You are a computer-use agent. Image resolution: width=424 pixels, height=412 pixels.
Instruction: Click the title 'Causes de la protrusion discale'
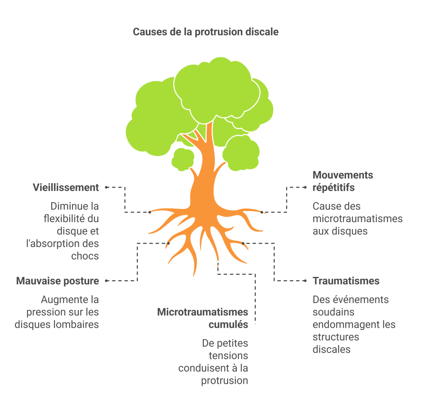pyautogui.click(x=205, y=32)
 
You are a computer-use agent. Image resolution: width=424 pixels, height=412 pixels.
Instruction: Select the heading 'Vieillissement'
pyautogui.click(x=66, y=187)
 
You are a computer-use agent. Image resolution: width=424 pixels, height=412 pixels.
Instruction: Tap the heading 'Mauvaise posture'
pyautogui.click(x=58, y=281)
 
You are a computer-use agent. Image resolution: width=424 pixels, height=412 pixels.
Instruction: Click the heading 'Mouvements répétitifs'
pyautogui.click(x=342, y=181)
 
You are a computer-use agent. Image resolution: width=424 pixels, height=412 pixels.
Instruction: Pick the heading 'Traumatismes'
pyautogui.click(x=346, y=281)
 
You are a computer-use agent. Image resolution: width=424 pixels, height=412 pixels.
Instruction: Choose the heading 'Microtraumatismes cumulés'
pyautogui.click(x=202, y=318)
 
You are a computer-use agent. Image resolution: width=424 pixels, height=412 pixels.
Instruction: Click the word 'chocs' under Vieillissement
pyautogui.click(x=85, y=256)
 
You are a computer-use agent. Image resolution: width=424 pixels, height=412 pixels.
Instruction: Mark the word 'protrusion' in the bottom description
pyautogui.click(x=225, y=380)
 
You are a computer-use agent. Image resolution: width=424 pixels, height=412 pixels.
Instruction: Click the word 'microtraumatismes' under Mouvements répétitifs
pyautogui.click(x=357, y=218)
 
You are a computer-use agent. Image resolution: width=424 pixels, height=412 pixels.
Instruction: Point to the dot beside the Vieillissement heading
pyautogui.click(x=107, y=187)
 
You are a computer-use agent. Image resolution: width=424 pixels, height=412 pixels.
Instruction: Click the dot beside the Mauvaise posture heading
pyautogui.click(x=107, y=281)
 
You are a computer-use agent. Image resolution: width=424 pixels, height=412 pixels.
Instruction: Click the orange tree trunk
pyautogui.click(x=203, y=182)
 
